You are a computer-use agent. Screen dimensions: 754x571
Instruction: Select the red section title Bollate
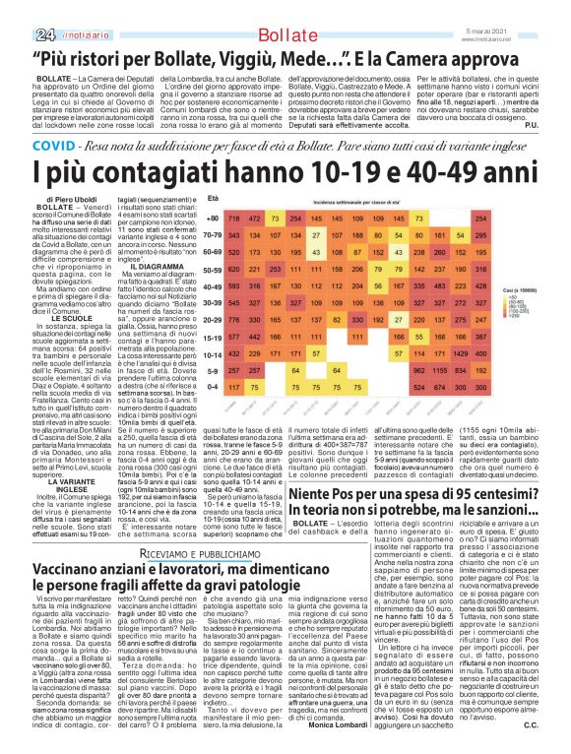(x=285, y=10)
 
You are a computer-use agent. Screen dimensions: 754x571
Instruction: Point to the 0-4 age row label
(x=212, y=387)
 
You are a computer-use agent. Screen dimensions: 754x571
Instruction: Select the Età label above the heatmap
(x=212, y=198)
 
